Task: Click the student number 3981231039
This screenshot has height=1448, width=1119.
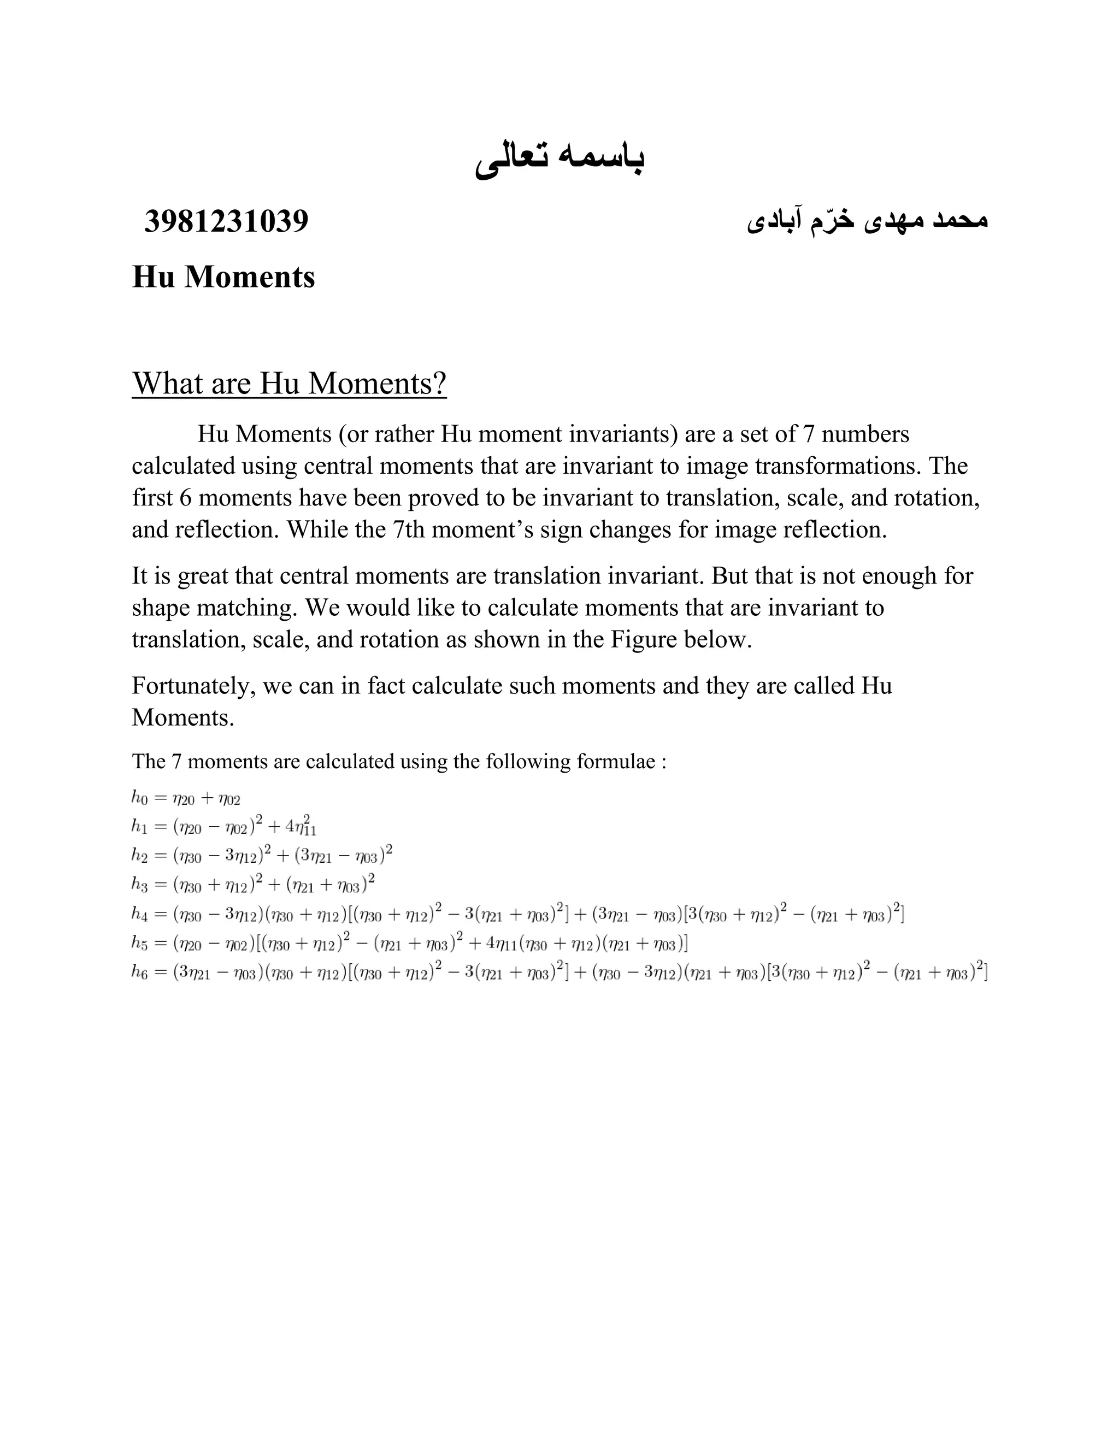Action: pos(226,221)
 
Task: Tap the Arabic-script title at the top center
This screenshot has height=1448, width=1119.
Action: pos(559,158)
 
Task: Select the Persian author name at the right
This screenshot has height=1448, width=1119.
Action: pos(867,221)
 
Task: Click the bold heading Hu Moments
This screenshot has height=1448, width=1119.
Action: pos(223,276)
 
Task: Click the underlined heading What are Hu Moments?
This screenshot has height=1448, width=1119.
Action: pos(289,383)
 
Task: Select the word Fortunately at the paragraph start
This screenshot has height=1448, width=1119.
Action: pos(193,686)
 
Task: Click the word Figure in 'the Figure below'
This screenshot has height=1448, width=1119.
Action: pos(644,640)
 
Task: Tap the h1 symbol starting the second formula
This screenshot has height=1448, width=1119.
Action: pos(140,826)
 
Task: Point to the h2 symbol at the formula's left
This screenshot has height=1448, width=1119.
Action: pos(140,855)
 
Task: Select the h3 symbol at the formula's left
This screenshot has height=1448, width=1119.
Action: pos(140,884)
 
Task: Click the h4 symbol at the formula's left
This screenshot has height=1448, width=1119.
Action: pos(140,914)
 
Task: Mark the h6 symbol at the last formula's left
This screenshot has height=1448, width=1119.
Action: pos(140,973)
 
